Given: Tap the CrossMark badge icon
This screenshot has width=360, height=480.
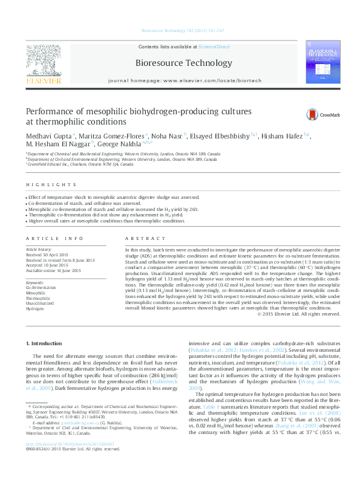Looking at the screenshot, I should click(312, 114).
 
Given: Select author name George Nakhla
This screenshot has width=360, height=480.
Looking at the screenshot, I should click(124, 145).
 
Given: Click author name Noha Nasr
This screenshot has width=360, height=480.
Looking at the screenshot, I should click(167, 135).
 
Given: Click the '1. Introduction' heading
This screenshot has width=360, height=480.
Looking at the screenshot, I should click(46, 343).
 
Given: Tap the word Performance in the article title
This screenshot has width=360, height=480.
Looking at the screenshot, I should click(50, 111).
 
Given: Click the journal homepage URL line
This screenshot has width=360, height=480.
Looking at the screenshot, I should click(184, 80).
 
